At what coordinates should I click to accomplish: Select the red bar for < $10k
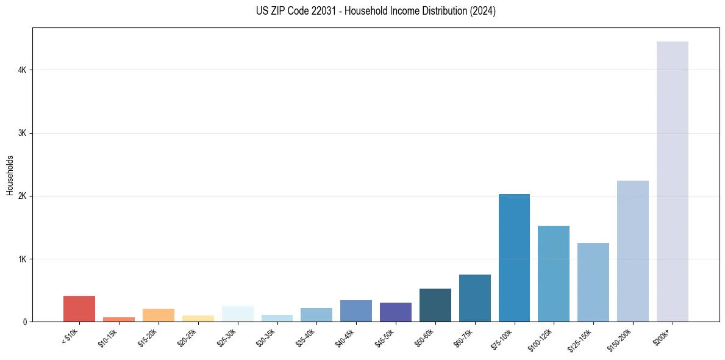pyautogui.click(x=79, y=309)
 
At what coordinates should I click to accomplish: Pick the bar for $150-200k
pyautogui.click(x=632, y=251)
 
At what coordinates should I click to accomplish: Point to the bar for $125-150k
pyautogui.click(x=593, y=282)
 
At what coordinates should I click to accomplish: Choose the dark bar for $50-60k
pyautogui.click(x=435, y=305)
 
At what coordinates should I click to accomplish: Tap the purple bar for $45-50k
pyautogui.click(x=395, y=312)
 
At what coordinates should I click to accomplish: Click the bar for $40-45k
pyautogui.click(x=356, y=311)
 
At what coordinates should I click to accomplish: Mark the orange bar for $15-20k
pyautogui.click(x=158, y=315)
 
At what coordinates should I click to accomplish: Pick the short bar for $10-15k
pyautogui.click(x=119, y=319)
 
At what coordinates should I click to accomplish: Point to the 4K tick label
pyautogui.click(x=22, y=70)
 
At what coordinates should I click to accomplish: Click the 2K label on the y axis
pyautogui.click(x=22, y=196)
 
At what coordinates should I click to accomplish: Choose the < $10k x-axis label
pyautogui.click(x=70, y=337)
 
